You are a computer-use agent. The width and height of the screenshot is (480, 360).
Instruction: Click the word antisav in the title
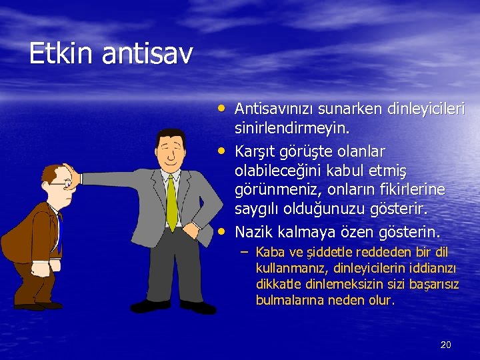(147, 53)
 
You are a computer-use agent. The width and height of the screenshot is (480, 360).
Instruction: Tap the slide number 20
(446, 344)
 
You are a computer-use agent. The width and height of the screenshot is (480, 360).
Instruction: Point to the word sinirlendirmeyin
(291, 128)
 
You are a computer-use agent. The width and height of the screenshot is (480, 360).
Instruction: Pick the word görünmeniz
(274, 191)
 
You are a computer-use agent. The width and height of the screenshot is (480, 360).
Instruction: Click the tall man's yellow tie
(171, 203)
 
